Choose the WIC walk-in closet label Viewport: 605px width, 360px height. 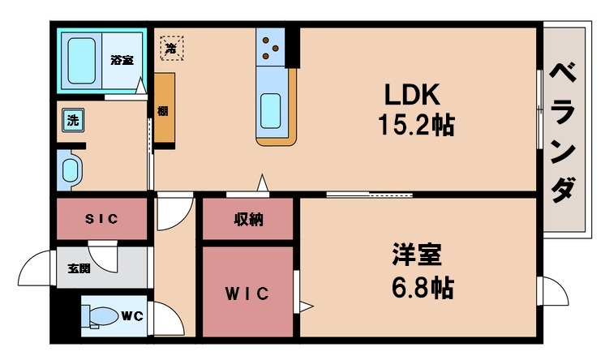[x=247, y=293]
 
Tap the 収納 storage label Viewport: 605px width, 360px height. [x=247, y=220]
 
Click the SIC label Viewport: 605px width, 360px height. [x=102, y=218]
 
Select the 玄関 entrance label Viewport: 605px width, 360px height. [x=79, y=268]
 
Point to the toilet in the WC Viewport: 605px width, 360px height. [x=99, y=316]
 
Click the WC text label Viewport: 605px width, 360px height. [x=131, y=315]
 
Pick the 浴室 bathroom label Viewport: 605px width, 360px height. [x=122, y=58]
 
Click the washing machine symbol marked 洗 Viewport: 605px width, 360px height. [x=73, y=122]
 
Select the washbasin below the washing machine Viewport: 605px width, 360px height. [x=71, y=171]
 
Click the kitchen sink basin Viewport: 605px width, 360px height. [x=270, y=113]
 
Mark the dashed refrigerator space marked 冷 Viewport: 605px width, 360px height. [x=171, y=47]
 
